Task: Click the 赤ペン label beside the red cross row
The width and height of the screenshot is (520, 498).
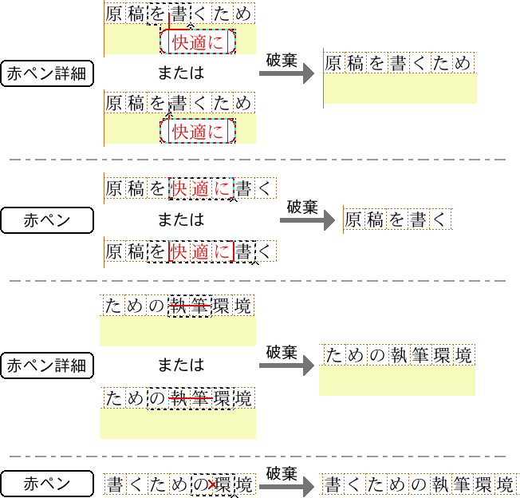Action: click(x=47, y=484)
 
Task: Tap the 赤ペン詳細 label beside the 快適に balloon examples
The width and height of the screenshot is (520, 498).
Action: click(x=47, y=74)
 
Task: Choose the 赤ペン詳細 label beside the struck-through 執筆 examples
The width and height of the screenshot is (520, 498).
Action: click(x=47, y=366)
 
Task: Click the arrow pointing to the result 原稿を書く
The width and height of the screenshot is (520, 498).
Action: click(x=307, y=221)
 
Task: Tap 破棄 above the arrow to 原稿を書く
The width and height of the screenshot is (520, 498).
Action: click(x=302, y=207)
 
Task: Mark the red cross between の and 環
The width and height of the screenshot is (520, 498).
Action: click(x=211, y=484)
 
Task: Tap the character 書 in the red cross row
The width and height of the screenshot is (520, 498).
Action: click(x=115, y=484)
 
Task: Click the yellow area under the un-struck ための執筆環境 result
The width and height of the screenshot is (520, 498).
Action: click(x=396, y=381)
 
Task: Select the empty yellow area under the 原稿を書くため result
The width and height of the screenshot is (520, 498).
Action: click(x=400, y=89)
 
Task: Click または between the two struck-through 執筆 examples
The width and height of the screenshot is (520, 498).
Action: click(x=180, y=366)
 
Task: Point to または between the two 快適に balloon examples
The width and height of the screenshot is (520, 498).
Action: click(x=180, y=73)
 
